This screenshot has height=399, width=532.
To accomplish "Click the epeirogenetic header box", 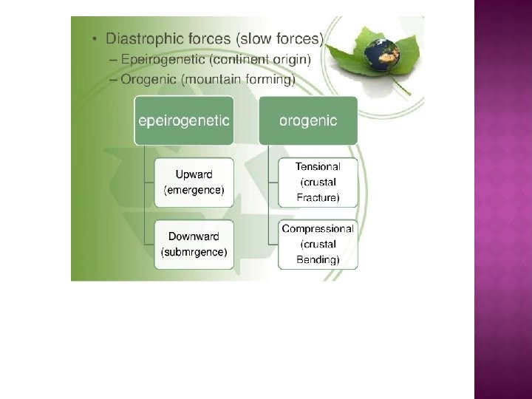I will tap(183, 120).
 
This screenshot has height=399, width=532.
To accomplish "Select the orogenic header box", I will tap(308, 120).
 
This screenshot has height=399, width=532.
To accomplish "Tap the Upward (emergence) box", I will tap(194, 183).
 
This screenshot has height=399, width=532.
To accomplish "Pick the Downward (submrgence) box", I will tap(194, 245).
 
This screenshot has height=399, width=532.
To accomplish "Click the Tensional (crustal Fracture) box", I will tap(318, 183).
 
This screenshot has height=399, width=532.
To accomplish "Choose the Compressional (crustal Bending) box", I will tap(318, 245).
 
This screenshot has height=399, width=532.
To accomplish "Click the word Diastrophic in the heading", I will tap(141, 37).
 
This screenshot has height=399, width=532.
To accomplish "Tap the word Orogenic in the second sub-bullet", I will tap(143, 79).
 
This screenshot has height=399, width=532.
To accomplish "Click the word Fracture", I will tap(318, 197).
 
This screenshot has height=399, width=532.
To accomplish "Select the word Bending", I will tap(318, 259).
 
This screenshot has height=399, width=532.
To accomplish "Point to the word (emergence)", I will tap(194, 190).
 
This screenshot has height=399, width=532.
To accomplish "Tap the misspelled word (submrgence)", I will tap(194, 252).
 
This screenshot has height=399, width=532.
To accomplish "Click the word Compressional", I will tap(318, 229).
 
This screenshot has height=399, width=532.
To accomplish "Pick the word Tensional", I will tap(318, 167).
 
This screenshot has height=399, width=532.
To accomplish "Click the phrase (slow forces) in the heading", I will tap(282, 37).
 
